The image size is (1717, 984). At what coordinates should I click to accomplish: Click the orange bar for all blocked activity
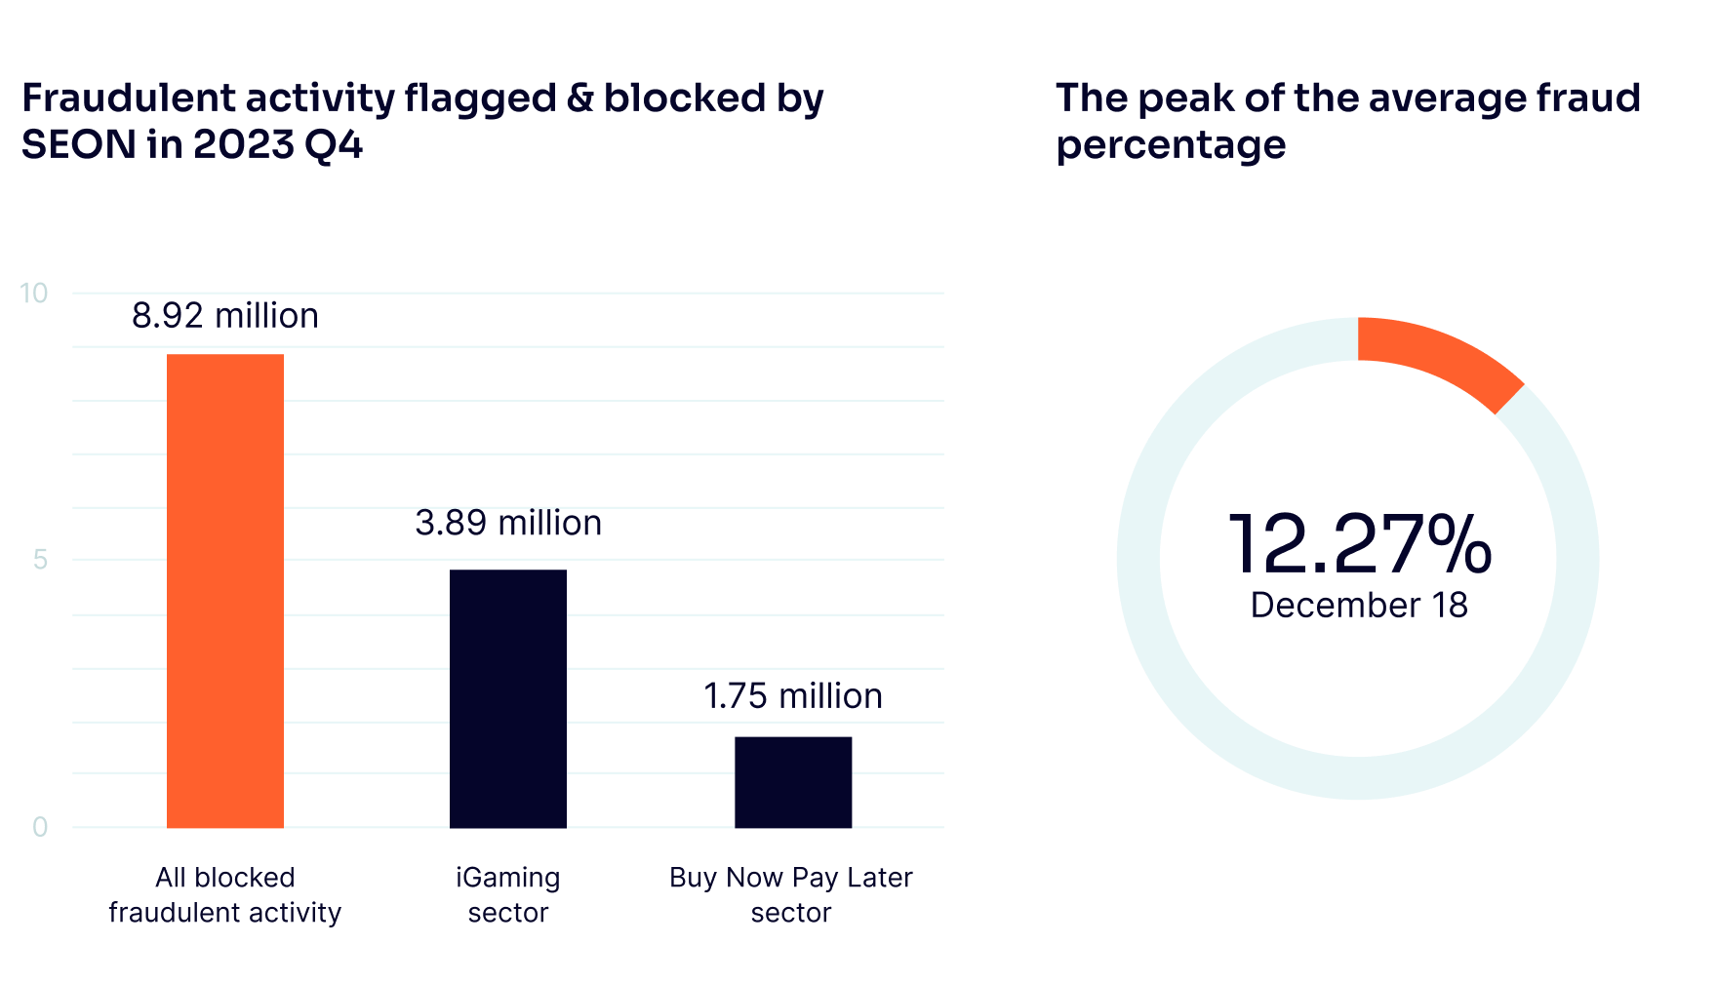click(225, 590)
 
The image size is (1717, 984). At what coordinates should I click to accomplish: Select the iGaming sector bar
click(508, 698)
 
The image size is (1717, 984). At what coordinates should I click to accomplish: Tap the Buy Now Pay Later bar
click(792, 782)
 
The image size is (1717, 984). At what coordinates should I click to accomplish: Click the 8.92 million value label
click(225, 316)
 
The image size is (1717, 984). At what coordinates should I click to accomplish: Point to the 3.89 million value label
click(508, 524)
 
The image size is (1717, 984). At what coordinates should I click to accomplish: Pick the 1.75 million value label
click(792, 696)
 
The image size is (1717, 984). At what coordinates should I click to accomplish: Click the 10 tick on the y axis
click(34, 294)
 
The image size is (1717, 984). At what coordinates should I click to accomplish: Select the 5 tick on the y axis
click(40, 560)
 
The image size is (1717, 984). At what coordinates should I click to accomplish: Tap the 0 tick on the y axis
click(40, 827)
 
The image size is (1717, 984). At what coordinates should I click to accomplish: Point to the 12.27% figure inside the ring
click(1358, 544)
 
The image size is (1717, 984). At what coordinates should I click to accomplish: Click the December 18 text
click(1358, 606)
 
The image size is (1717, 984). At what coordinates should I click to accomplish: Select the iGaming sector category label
click(508, 895)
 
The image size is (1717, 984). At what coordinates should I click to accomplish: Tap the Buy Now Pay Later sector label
click(791, 895)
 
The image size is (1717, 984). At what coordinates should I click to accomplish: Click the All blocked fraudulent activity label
click(225, 895)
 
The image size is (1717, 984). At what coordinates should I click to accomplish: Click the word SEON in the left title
click(78, 145)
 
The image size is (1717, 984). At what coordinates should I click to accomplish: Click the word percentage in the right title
click(1171, 145)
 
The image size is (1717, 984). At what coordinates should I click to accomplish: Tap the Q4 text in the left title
click(334, 145)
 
